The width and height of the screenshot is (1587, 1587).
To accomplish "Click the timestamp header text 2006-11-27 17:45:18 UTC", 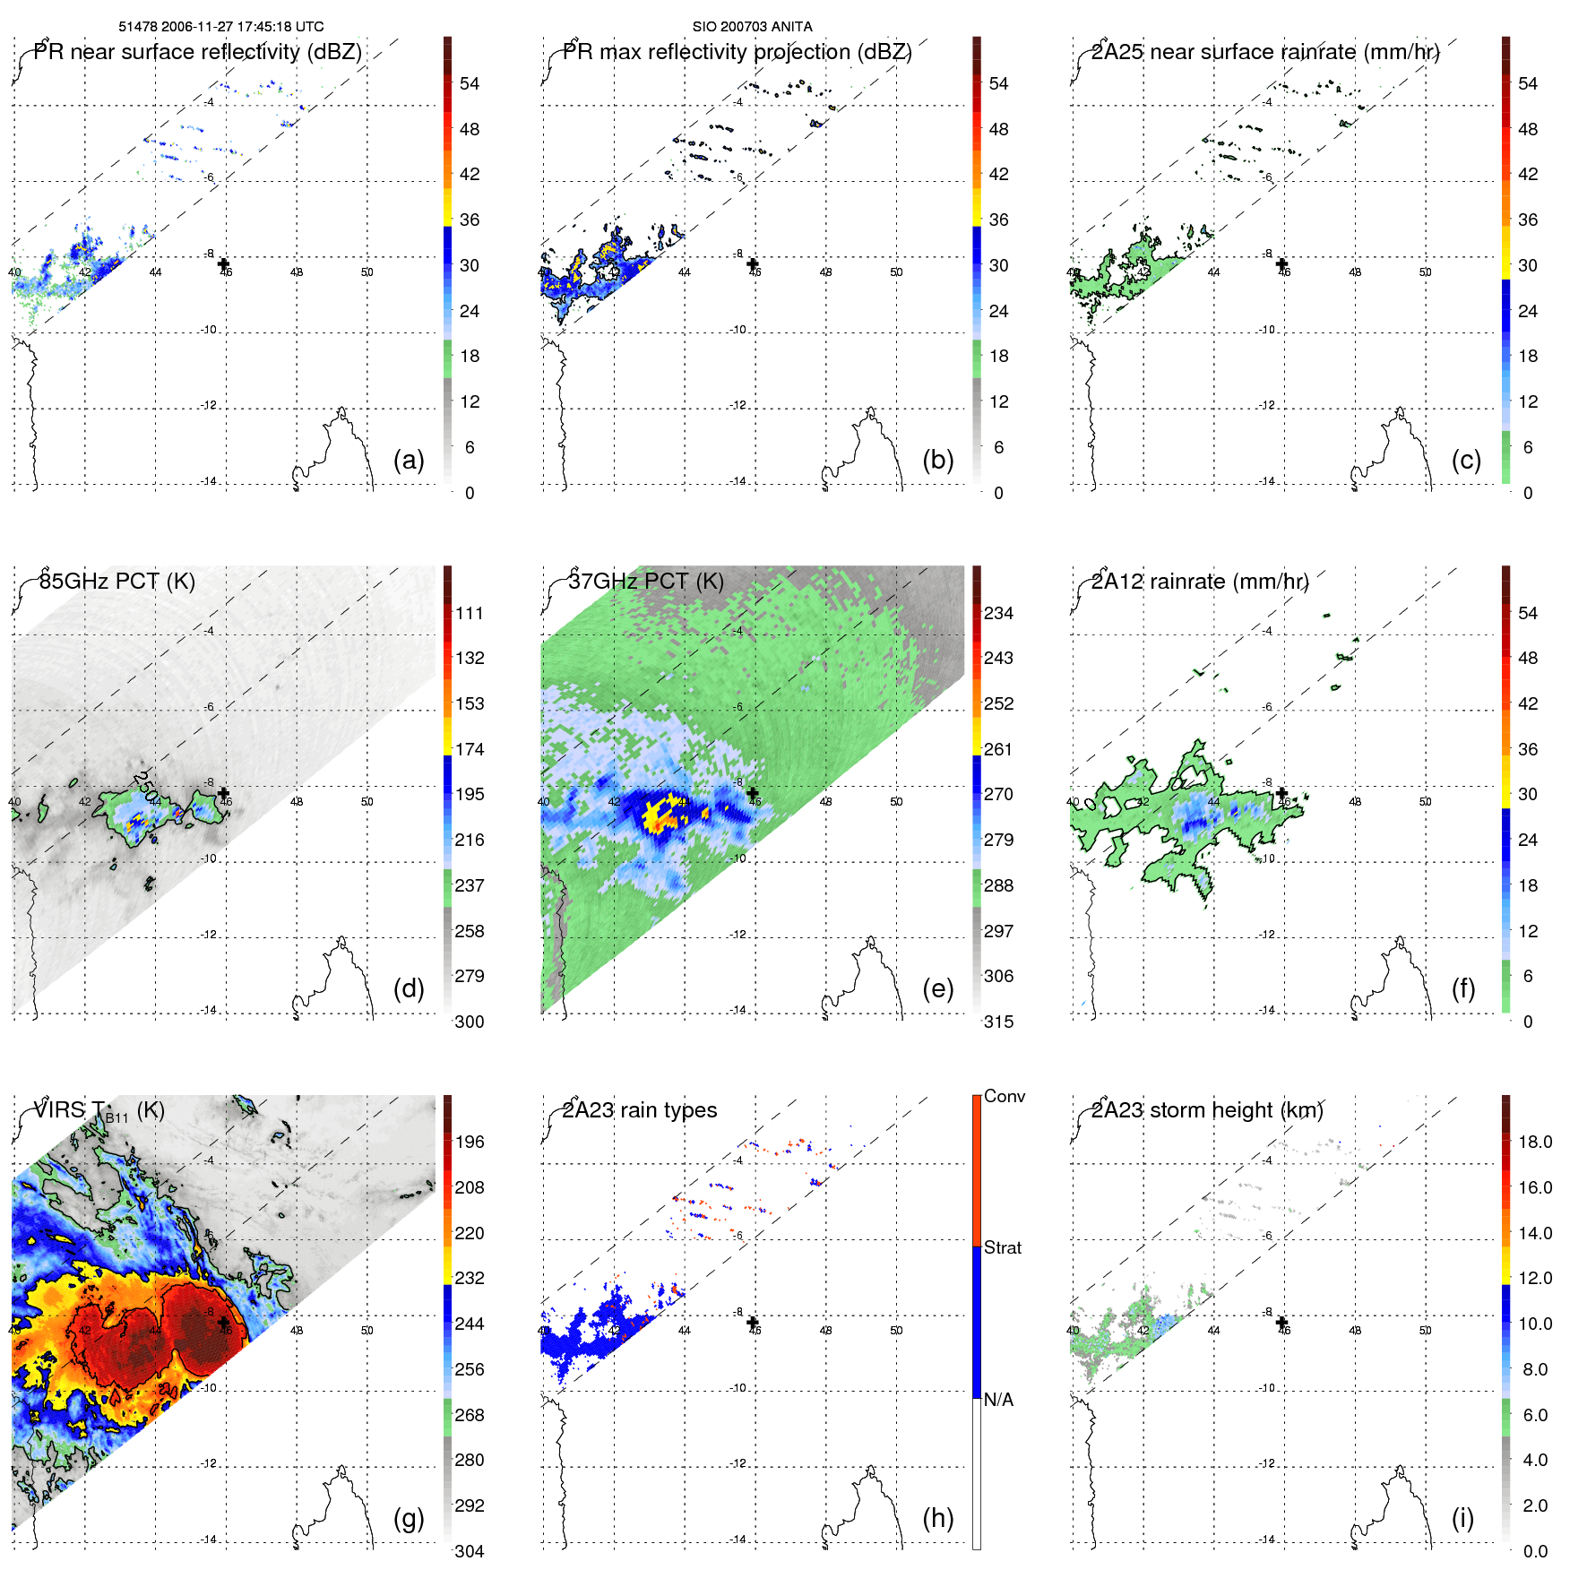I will point(242,27).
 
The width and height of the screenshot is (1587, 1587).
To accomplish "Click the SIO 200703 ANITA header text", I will point(752,27).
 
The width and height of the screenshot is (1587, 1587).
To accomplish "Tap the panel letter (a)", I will point(409,460).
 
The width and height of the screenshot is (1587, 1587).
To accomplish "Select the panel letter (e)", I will point(937,988).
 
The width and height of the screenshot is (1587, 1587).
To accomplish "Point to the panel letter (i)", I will point(1462,1518).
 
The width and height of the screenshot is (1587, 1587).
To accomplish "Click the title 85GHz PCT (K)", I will point(116,581).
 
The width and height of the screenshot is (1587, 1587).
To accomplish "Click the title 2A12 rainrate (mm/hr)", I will point(1199,581).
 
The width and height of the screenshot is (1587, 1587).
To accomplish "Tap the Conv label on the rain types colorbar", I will point(1005,1096).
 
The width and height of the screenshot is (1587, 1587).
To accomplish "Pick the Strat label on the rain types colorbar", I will point(1003,1247).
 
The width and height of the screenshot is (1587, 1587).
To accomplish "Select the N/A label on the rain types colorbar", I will point(999,1400).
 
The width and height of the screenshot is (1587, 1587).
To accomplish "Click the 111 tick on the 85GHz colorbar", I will point(470,613).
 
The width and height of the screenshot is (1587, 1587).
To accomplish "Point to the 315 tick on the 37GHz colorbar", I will point(998,1022).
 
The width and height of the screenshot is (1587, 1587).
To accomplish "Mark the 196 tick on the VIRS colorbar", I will point(470,1142).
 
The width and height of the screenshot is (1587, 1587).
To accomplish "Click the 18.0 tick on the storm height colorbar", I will point(1535,1142).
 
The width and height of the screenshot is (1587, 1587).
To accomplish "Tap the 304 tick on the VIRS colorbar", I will point(470,1551).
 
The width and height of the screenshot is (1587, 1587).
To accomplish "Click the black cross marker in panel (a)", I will point(224,263).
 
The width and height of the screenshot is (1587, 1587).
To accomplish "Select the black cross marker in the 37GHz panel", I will point(753,793).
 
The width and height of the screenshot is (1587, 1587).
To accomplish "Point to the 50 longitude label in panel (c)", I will point(1425,272).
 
